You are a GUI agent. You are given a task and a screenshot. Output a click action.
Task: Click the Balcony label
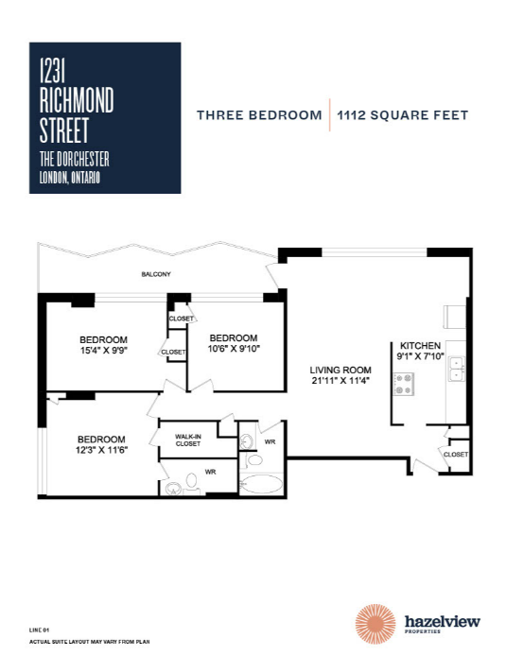(156, 274)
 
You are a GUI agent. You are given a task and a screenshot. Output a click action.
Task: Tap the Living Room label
(340, 370)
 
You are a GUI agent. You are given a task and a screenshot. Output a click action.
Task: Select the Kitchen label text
(420, 346)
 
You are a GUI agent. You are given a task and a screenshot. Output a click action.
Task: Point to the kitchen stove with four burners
(404, 384)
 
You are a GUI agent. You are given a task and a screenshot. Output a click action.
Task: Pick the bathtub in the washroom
(262, 484)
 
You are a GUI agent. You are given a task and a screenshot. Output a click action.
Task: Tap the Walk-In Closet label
(188, 440)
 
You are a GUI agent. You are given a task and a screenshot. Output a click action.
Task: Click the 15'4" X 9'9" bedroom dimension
(103, 350)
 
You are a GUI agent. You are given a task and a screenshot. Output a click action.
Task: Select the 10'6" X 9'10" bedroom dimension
(234, 349)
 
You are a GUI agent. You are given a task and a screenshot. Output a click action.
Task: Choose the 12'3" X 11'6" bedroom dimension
(101, 450)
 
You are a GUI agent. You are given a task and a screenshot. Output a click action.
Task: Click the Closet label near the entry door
(455, 455)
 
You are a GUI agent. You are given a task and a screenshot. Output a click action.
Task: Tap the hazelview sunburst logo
(375, 624)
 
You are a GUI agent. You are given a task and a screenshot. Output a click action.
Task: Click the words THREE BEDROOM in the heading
(259, 115)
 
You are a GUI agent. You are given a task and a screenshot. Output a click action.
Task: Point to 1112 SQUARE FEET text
(403, 115)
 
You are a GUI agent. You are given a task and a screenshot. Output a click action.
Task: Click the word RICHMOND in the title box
(77, 99)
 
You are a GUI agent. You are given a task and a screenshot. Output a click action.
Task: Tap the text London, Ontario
(69, 179)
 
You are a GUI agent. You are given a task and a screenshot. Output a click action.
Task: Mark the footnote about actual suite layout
(89, 642)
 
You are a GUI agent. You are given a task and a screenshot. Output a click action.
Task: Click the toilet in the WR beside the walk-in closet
(192, 481)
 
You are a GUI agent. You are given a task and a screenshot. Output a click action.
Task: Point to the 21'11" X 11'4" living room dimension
(340, 380)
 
